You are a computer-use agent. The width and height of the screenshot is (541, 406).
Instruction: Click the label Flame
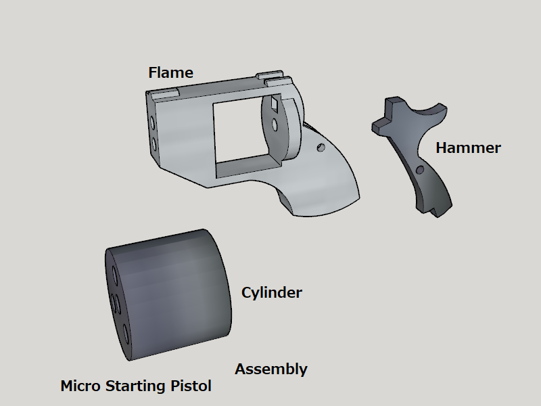170,72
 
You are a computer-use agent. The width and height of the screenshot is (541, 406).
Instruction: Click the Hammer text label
468,148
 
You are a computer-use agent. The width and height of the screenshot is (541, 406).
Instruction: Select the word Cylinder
272,293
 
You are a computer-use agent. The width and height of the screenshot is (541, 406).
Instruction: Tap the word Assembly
271,369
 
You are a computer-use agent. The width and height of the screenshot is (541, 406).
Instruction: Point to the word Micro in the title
80,386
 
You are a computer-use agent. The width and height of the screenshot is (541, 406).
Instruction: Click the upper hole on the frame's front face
152,123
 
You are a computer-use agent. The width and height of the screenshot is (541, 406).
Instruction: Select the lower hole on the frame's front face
154,145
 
